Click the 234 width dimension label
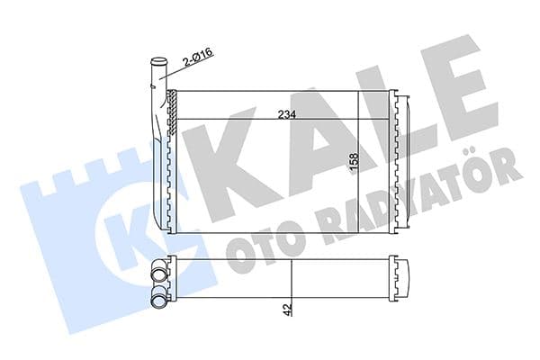click(x=287, y=113)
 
